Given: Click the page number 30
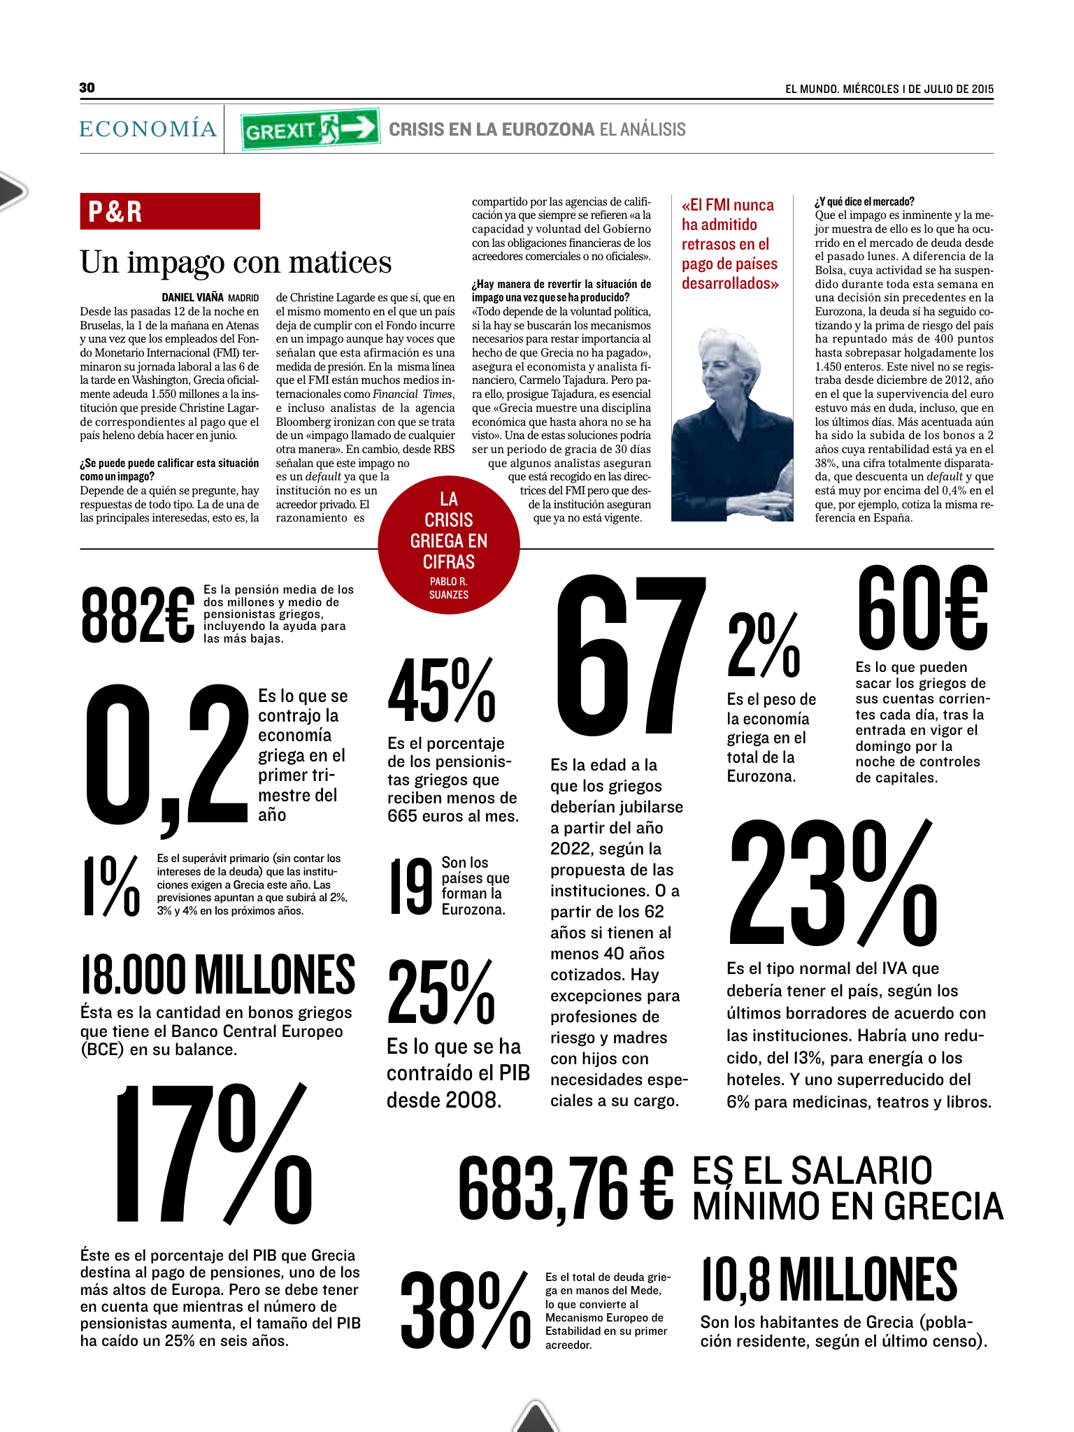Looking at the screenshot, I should (87, 87).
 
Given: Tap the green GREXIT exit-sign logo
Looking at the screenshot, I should (310, 129).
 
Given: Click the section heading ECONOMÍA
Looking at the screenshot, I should (148, 129).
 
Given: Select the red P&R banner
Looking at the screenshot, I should (170, 211).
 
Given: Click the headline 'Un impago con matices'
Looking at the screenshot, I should (236, 263).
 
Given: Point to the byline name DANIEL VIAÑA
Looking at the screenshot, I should (193, 298).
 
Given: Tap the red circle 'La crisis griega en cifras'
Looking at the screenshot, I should (449, 544).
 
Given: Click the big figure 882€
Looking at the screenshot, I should (138, 615).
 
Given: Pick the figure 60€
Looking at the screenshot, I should (922, 608).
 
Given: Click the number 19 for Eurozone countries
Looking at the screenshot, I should (411, 887).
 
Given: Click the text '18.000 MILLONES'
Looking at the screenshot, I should (218, 975).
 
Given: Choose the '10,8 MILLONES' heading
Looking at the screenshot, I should (829, 1280).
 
